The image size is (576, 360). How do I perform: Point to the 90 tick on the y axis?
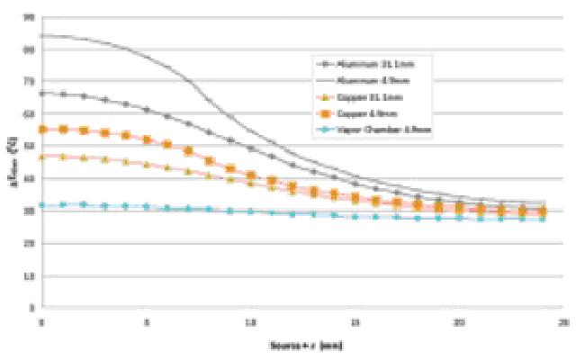pos(31,17)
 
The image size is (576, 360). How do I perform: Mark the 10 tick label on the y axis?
pos(31,275)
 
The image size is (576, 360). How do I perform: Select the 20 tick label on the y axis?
pos(31,243)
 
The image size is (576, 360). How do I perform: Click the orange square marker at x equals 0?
pos(41,130)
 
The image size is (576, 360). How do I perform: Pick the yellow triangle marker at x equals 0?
pos(41,157)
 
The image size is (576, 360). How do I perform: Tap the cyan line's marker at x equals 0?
pos(41,205)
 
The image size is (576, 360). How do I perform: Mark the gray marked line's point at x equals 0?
pos(41,93)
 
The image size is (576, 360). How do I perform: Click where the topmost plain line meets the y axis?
pos(41,35)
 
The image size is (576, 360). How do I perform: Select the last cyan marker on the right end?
pos(543,218)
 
